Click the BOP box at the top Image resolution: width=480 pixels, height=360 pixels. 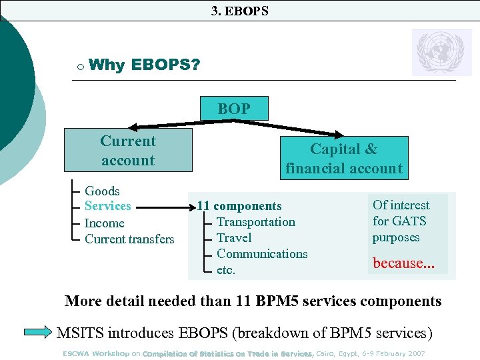(x=234, y=109)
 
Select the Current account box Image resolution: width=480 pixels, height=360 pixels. (x=127, y=150)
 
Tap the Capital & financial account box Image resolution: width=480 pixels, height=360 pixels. (x=343, y=159)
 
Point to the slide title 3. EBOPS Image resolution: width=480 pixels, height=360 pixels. (x=239, y=11)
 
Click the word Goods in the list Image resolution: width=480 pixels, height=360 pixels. (x=102, y=191)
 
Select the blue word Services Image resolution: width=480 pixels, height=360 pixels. (x=107, y=206)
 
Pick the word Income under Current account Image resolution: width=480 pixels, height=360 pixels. (x=104, y=223)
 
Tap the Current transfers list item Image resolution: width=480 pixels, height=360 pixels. (x=129, y=239)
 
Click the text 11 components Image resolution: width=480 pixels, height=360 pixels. (x=239, y=207)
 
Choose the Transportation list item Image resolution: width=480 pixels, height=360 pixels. (x=255, y=222)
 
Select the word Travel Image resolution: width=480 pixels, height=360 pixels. (x=234, y=238)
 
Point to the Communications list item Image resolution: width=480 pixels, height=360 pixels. (x=262, y=254)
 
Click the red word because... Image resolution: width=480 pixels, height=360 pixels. (x=400, y=263)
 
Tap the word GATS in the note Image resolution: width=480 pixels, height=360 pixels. (x=409, y=221)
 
